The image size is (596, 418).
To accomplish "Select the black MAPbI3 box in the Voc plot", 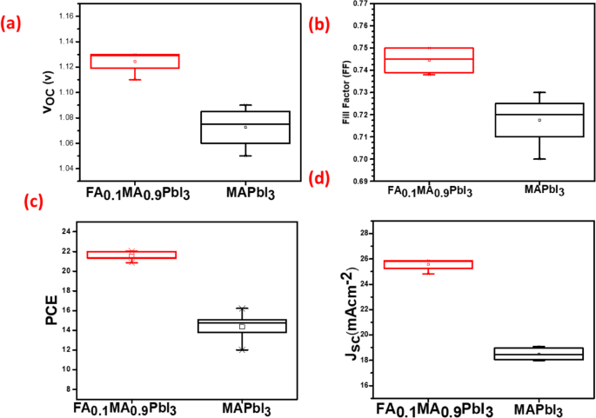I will coord(257,127).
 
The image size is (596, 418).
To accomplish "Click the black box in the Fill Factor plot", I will coord(539,120).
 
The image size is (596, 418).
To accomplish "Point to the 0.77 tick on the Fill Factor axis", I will coord(353,4).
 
